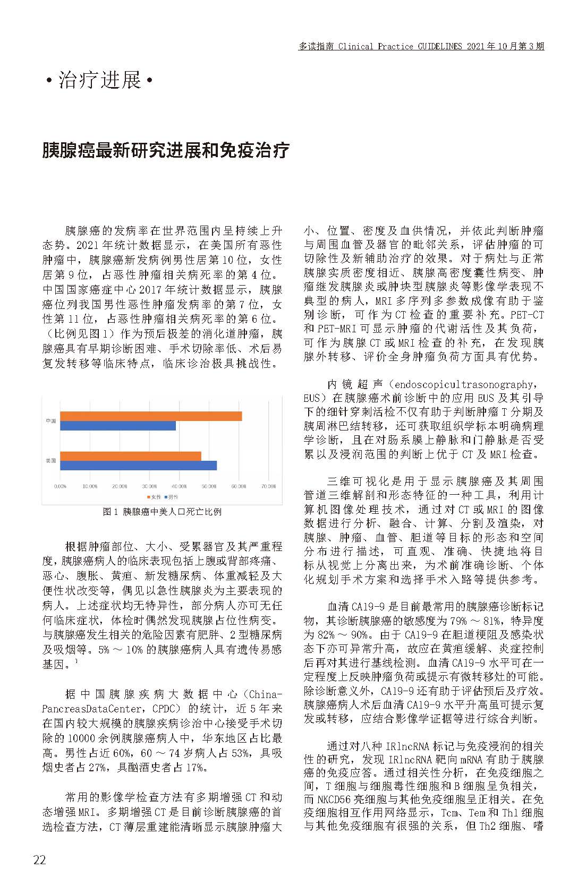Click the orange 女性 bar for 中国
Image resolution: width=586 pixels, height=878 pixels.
point(151,416)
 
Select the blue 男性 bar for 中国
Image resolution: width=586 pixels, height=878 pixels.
point(117,426)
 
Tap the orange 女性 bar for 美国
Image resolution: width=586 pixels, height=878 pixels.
point(131,456)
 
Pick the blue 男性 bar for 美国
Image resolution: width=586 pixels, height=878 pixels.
point(138,466)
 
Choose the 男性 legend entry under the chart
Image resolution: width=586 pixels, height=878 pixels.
point(171,497)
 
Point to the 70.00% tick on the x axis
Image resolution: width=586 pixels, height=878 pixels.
point(268,486)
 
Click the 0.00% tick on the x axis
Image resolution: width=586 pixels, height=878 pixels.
point(61,486)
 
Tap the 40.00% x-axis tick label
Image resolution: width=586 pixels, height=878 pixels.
point(179,486)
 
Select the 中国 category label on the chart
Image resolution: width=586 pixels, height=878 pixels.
point(50,421)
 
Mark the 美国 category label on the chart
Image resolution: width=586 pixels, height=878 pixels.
point(50,461)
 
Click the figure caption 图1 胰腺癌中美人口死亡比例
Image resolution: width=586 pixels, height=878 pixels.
point(162,512)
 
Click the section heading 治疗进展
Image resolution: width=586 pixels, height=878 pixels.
point(99,81)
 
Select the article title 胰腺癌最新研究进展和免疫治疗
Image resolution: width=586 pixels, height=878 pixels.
point(166,150)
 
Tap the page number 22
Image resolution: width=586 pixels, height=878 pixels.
point(39,860)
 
